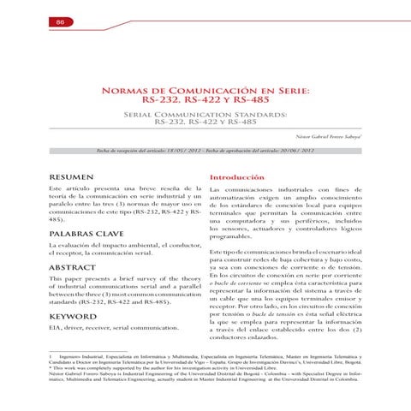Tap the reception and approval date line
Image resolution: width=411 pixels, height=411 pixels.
pyautogui.click(x=205, y=149)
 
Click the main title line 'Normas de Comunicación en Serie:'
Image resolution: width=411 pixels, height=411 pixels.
pyautogui.click(x=205, y=89)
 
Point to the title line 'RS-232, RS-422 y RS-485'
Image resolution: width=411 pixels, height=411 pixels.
pyautogui.click(x=205, y=100)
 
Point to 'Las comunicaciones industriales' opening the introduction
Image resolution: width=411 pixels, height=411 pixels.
pyautogui.click(x=264, y=188)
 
